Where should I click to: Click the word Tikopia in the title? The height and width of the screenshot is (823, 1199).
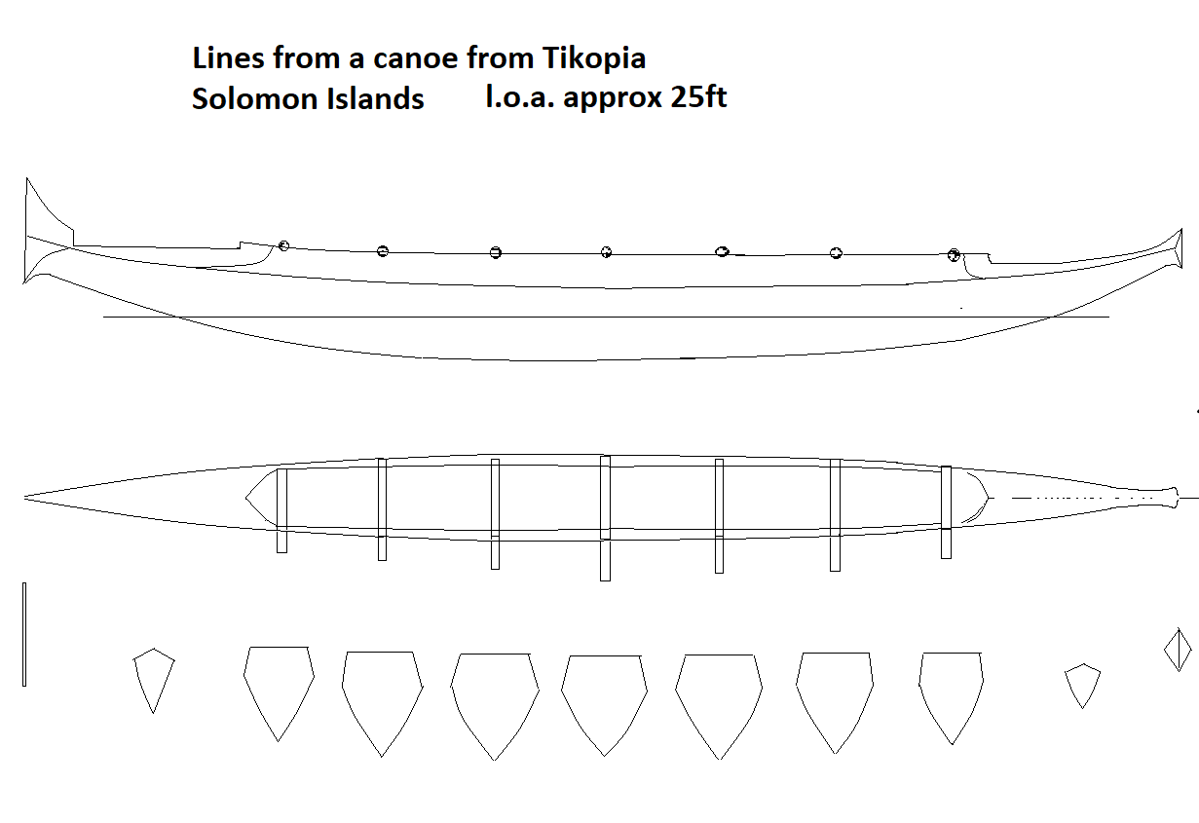(593, 58)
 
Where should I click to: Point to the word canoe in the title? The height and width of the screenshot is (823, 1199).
(415, 58)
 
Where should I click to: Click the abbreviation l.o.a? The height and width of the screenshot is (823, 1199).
(520, 96)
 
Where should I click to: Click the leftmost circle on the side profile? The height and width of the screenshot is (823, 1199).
(283, 245)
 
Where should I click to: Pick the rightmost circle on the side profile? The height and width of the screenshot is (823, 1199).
(954, 255)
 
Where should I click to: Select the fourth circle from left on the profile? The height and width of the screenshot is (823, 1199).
(606, 252)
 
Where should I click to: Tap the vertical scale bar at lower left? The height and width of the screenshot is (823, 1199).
(24, 634)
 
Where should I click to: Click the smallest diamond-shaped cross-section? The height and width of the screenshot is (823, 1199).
(1178, 651)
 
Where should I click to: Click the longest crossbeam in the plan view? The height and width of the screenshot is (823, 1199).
(606, 518)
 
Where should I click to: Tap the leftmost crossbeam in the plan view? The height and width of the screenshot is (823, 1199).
(281, 511)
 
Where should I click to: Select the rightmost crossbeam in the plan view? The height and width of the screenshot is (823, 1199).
(947, 512)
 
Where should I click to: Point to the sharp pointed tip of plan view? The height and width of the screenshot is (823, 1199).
(24, 499)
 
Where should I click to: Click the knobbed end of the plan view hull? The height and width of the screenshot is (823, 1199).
(1173, 498)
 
